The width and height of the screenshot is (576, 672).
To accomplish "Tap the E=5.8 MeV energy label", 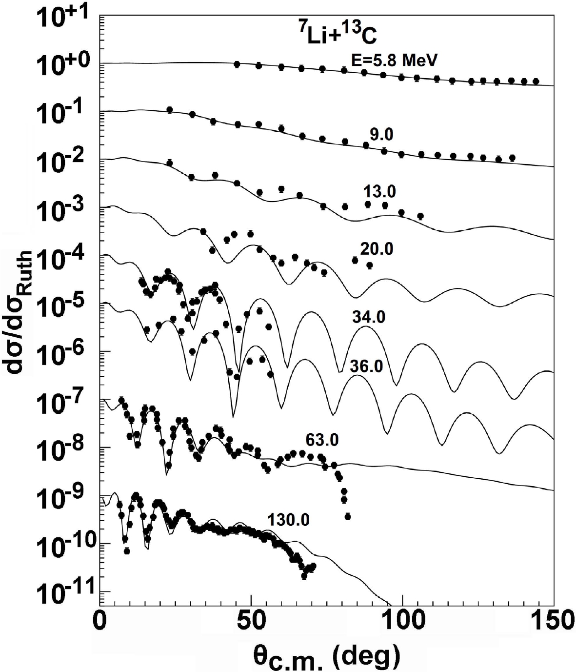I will point(394,60).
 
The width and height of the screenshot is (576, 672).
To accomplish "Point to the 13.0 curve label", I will point(379,192).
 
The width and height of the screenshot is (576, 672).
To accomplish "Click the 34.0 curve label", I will point(368,318).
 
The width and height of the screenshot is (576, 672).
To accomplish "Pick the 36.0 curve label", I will point(366,367).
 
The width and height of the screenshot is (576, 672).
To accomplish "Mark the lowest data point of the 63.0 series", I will point(347,516).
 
